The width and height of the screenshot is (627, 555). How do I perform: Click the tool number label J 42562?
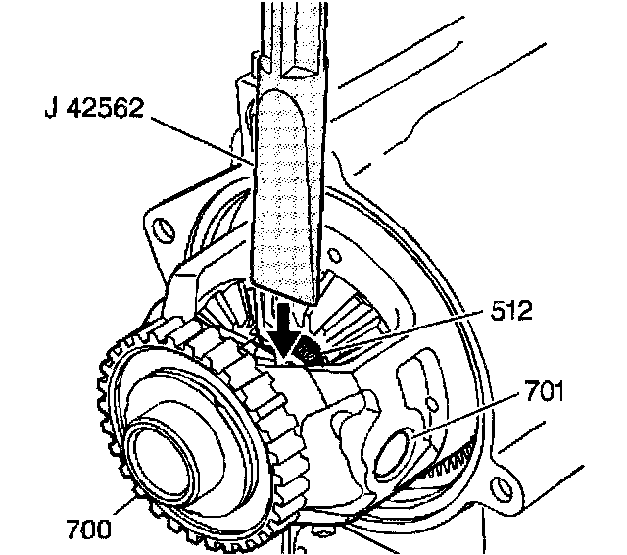pos(94,108)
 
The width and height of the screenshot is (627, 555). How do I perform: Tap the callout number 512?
pos(511,310)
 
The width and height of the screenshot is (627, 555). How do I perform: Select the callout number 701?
pos(544,391)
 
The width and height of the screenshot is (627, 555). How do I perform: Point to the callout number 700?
pos(88,529)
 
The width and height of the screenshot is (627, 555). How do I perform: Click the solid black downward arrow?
pos(284,329)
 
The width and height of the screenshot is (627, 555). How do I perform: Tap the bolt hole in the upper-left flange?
pos(164,230)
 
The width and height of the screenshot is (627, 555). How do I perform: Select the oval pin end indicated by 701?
pos(391,452)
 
